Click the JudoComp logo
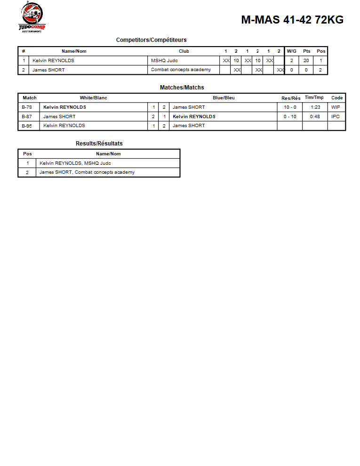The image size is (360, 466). point(32,17)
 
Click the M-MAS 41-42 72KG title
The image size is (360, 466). point(292,20)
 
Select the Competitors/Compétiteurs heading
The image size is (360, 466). point(151,40)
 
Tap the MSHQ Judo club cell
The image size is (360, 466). point(164,60)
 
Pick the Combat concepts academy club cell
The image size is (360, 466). point(181,70)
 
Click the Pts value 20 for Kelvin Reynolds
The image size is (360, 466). point(306,60)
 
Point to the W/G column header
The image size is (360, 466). point(292,51)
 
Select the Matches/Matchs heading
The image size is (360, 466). point(182,88)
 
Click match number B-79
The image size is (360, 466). point(27,107)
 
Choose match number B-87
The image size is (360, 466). point(27,116)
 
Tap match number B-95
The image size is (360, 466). point(27,126)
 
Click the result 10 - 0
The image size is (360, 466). point(290,107)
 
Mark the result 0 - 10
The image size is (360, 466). point(290,116)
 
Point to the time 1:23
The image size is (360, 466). point(315,107)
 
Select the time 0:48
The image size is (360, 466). point(315,116)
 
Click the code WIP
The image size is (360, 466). point(336,107)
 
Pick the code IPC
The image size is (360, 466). point(336,116)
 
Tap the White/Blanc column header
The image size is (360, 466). point(93,98)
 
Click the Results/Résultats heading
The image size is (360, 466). point(99,144)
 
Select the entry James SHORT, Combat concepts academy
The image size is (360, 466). point(87,172)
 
